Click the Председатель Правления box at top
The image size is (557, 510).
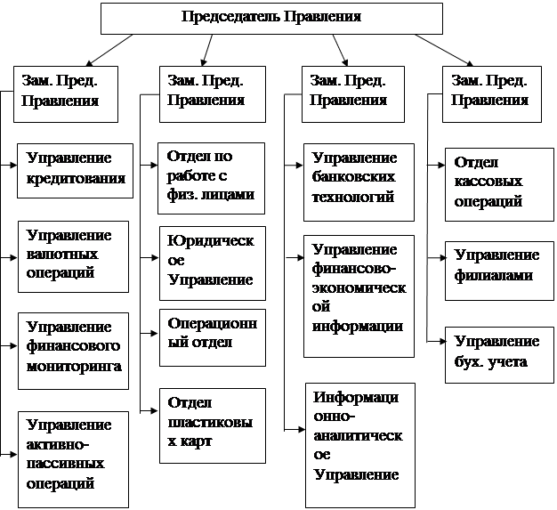270,18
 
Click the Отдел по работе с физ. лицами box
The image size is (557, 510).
212,176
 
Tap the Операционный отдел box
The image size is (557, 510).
212,337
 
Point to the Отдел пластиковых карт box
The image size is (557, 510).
212,425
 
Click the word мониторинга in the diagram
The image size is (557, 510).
74,366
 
